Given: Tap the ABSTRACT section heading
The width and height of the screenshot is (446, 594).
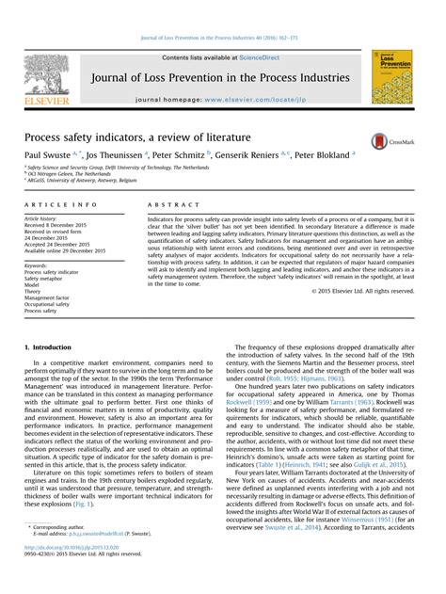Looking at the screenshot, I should click(168, 204).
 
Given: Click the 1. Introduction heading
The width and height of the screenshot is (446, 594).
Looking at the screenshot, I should click(49, 348).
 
